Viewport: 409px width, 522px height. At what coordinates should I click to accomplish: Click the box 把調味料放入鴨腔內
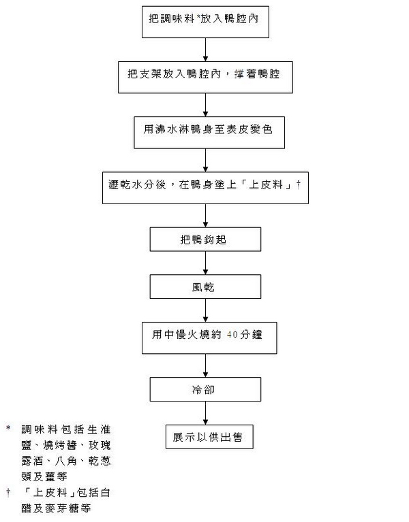(205, 22)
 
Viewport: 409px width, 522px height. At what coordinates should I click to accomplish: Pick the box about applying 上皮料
(205, 186)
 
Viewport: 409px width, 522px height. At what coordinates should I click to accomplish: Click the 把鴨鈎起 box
(205, 240)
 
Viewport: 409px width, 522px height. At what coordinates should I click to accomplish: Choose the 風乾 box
(205, 287)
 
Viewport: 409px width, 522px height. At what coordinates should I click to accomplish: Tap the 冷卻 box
(205, 389)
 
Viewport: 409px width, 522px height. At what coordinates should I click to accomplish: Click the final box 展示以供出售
(205, 436)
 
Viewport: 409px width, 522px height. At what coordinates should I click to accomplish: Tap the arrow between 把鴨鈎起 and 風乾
(205, 263)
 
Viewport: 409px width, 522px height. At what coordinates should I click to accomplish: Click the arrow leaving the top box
(205, 50)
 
